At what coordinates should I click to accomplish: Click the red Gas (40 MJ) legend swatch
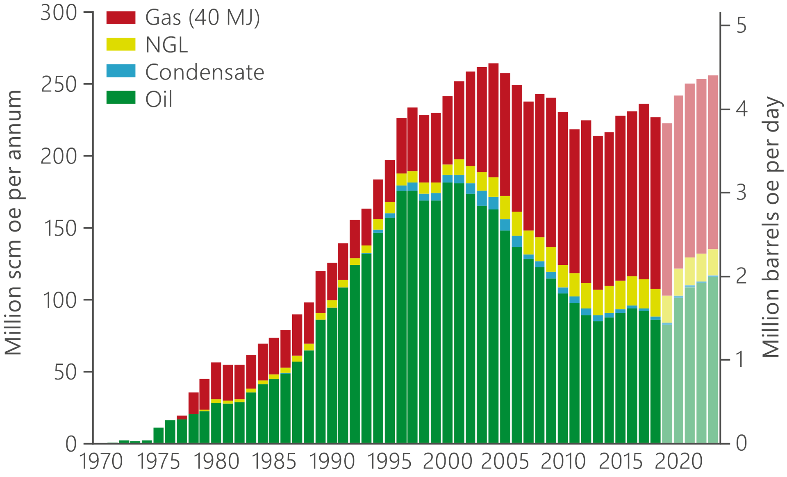pyautogui.click(x=121, y=18)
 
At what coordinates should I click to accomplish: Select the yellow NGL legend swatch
pyautogui.click(x=121, y=44)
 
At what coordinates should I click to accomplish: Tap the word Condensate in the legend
pyautogui.click(x=205, y=72)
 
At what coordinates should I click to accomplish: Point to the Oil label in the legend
pyautogui.click(x=159, y=99)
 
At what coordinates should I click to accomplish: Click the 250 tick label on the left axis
pyautogui.click(x=59, y=85)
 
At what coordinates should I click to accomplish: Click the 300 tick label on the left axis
pyautogui.click(x=59, y=13)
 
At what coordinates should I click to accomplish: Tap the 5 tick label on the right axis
pyautogui.click(x=741, y=26)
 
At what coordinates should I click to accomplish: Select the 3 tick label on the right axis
pyautogui.click(x=741, y=193)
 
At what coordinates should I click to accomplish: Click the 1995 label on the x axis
pyautogui.click(x=389, y=462)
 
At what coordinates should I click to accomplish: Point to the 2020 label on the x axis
pyautogui.click(x=678, y=462)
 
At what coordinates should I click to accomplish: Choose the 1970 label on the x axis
pyautogui.click(x=101, y=462)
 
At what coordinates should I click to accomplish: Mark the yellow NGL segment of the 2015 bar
pyautogui.click(x=620, y=295)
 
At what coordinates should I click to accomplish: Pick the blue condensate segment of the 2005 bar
pyautogui.click(x=505, y=225)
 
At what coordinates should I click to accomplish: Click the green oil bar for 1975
pyautogui.click(x=159, y=435)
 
